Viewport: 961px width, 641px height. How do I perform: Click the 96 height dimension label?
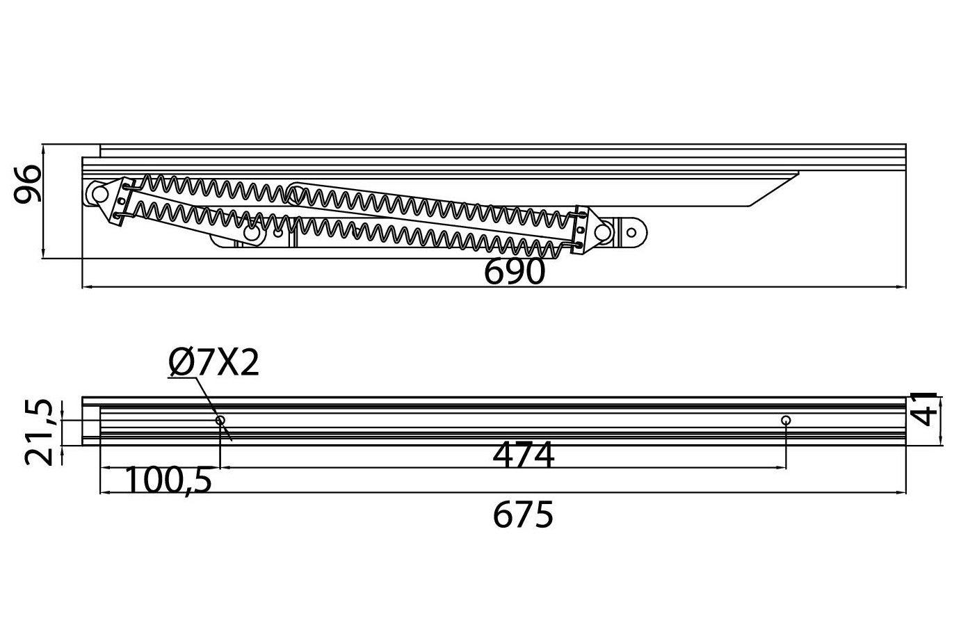click(29, 184)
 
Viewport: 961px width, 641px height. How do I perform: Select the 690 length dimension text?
click(515, 273)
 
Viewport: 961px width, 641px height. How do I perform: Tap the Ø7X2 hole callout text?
click(213, 363)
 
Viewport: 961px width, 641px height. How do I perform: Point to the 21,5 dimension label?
click(38, 432)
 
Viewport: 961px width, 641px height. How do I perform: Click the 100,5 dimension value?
click(169, 480)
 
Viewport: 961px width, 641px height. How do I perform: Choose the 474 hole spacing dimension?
click(523, 456)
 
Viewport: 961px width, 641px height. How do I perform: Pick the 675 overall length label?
click(523, 515)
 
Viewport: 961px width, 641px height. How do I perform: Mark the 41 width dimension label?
click(925, 408)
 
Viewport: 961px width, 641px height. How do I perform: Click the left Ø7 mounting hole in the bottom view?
click(220, 420)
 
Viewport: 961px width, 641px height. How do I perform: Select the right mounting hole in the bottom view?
click(786, 420)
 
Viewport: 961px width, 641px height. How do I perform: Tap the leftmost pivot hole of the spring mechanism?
click(98, 193)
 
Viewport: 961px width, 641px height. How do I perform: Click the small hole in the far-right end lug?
click(632, 233)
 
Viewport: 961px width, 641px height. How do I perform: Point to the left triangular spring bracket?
click(122, 202)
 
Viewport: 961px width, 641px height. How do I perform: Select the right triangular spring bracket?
click(581, 230)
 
